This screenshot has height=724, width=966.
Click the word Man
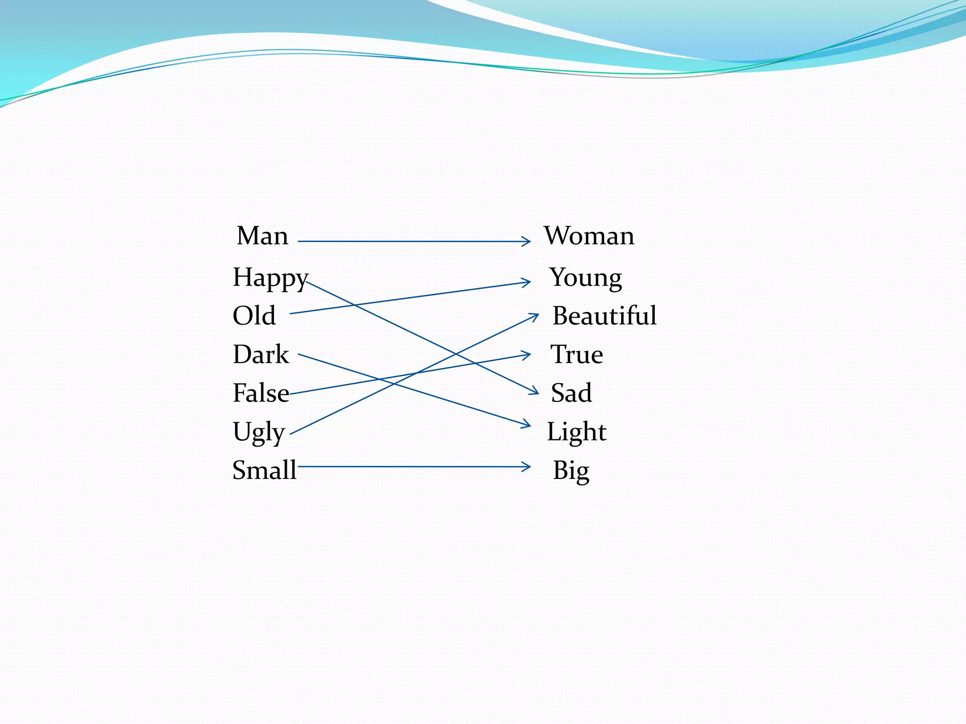pyautogui.click(x=262, y=236)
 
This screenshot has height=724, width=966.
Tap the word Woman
pyautogui.click(x=589, y=236)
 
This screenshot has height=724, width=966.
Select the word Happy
pyautogui.click(x=270, y=277)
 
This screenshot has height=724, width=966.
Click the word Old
pyautogui.click(x=254, y=315)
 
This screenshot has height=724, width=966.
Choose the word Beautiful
pyautogui.click(x=604, y=315)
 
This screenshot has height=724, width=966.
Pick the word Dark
pyautogui.click(x=261, y=354)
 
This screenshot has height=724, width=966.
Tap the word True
pyautogui.click(x=576, y=354)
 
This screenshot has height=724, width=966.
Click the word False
pyautogui.click(x=261, y=393)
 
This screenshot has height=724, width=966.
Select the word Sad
pyautogui.click(x=571, y=393)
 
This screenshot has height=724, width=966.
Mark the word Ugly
pyautogui.click(x=258, y=432)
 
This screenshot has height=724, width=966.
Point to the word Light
pyautogui.click(x=576, y=432)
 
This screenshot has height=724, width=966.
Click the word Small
pyautogui.click(x=264, y=470)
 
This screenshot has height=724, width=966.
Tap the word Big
pyautogui.click(x=571, y=470)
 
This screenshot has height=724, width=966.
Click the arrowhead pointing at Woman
pyautogui.click(x=527, y=241)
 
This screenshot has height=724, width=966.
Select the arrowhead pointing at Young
pyautogui.click(x=527, y=282)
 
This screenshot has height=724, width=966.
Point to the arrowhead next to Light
pyautogui.click(x=527, y=425)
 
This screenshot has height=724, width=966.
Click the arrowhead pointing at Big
pyautogui.click(x=527, y=467)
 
